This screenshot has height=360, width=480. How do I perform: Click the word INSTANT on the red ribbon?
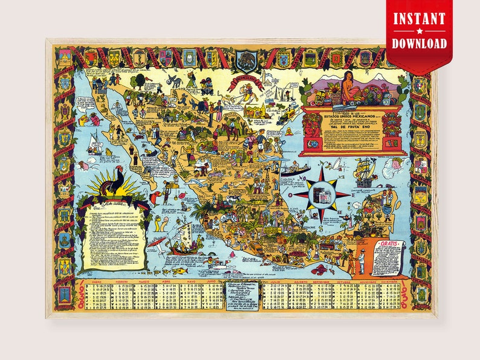point(419,19)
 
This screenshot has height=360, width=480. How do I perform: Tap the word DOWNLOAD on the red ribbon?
point(419,43)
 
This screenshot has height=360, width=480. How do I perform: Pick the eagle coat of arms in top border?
point(246,59)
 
